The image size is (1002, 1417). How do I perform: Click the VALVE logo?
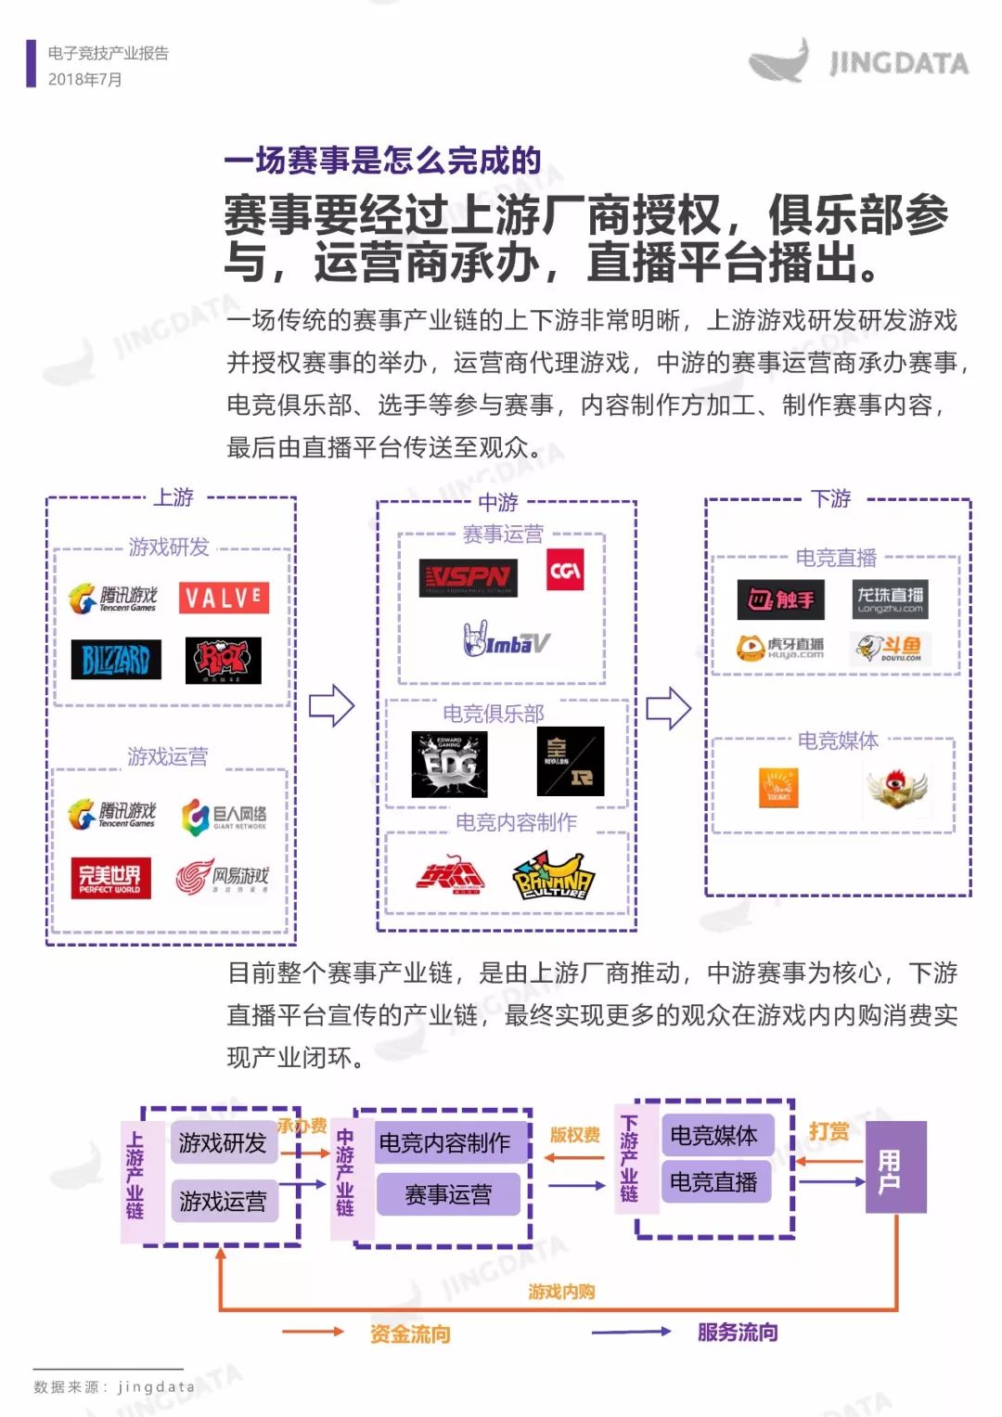tap(224, 598)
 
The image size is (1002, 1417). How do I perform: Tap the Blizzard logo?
tap(116, 660)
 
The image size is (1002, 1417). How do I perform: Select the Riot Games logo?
tap(223, 661)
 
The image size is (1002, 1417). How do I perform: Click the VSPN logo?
tap(468, 578)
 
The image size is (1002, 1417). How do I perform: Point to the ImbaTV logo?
tap(507, 640)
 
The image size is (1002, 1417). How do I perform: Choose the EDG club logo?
tap(449, 765)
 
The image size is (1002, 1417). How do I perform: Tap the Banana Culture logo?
tap(553, 876)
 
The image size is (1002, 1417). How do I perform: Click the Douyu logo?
tap(890, 648)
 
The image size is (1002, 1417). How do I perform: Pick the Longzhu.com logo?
tap(890, 599)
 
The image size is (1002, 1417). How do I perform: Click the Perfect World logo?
tap(109, 877)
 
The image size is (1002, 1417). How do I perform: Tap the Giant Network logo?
tap(224, 817)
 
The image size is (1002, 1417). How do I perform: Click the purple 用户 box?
tap(895, 1166)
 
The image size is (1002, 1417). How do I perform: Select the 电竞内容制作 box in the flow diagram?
tap(444, 1142)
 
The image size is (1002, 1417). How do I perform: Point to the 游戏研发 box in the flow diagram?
tap(223, 1142)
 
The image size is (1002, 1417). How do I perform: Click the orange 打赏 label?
tap(829, 1131)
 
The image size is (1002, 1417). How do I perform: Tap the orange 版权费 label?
tap(574, 1135)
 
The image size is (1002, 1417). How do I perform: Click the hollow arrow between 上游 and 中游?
tap(331, 706)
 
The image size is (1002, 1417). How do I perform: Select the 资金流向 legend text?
tap(410, 1333)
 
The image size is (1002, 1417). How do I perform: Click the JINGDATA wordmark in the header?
tap(899, 63)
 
